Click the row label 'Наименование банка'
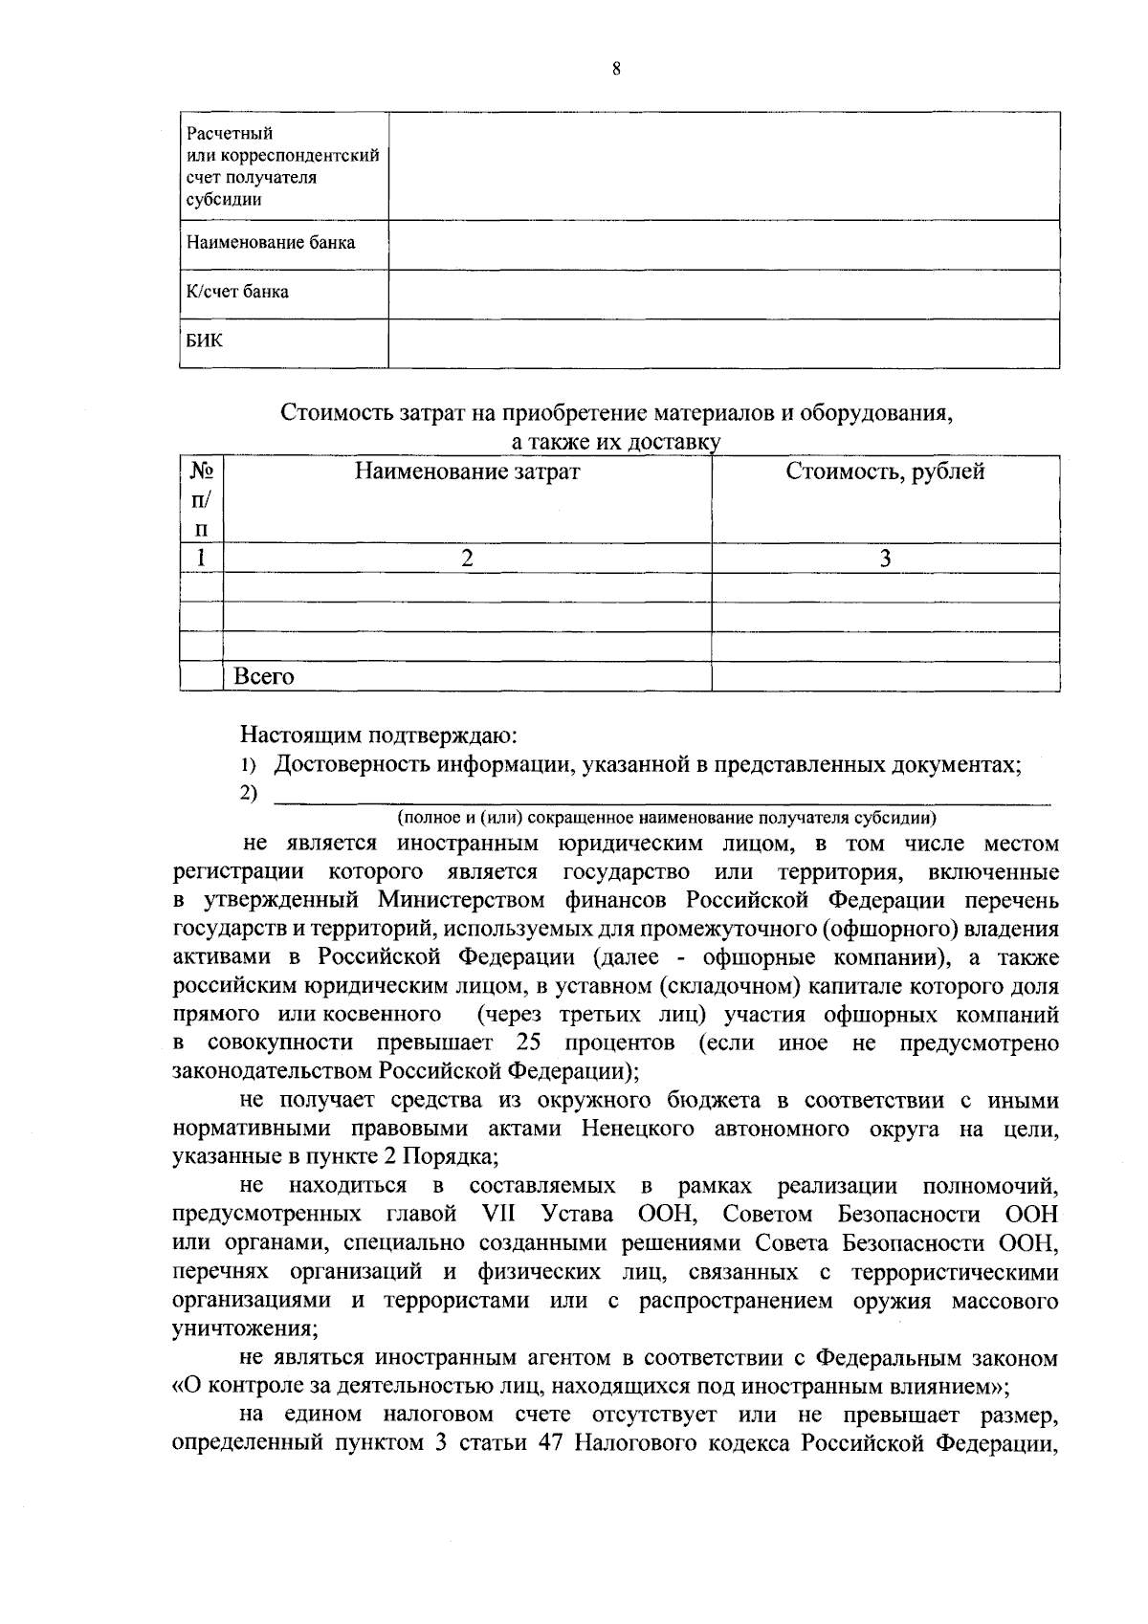click(271, 243)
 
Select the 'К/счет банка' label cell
click(237, 293)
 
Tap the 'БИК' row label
click(205, 340)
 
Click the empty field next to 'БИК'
click(723, 342)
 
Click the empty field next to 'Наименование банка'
click(723, 244)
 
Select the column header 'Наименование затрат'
click(467, 472)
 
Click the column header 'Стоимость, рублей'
click(885, 472)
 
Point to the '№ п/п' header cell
click(201, 499)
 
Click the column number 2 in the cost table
click(467, 559)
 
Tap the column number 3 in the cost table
click(885, 559)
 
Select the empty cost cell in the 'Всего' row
click(885, 677)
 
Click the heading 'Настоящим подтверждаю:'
click(379, 735)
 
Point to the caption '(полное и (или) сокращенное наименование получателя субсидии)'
click(667, 818)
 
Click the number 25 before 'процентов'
click(529, 1042)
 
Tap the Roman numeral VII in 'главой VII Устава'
click(500, 1215)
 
